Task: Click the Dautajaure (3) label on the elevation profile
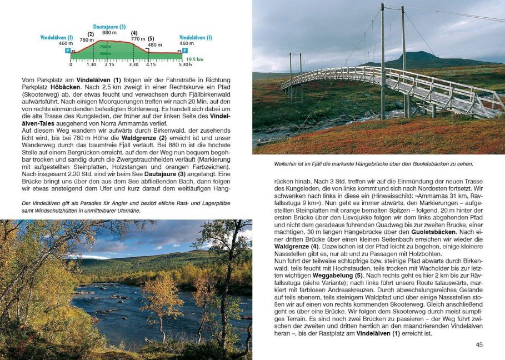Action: coord(109,27)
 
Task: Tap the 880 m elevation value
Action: coord(109,33)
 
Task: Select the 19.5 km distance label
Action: coord(194,59)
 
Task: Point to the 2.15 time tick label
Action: coord(109,65)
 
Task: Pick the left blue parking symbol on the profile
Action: coord(68,51)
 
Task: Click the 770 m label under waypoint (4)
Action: coord(138,39)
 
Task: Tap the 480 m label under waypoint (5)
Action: coord(155,45)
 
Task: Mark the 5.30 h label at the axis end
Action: coord(185,65)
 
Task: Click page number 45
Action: coord(479,345)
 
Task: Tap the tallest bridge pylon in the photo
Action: coord(382,61)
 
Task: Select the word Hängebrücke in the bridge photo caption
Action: coord(372,164)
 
